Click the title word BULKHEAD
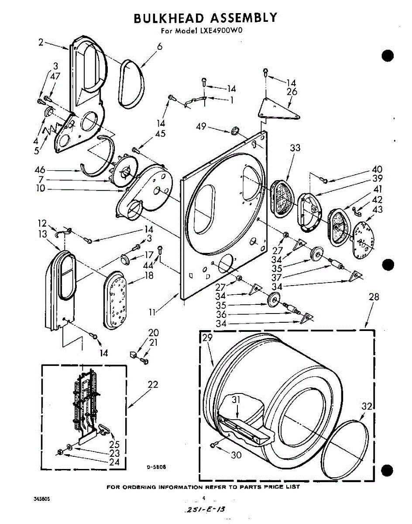tap(169, 18)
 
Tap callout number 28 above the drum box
tap(373, 297)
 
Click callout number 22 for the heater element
tap(153, 385)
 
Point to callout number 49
tap(201, 127)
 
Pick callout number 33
tap(295, 148)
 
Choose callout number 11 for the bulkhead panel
tap(152, 312)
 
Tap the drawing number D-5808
tap(155, 467)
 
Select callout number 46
tap(41, 170)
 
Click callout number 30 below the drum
tap(236, 455)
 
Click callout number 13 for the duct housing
tap(42, 234)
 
